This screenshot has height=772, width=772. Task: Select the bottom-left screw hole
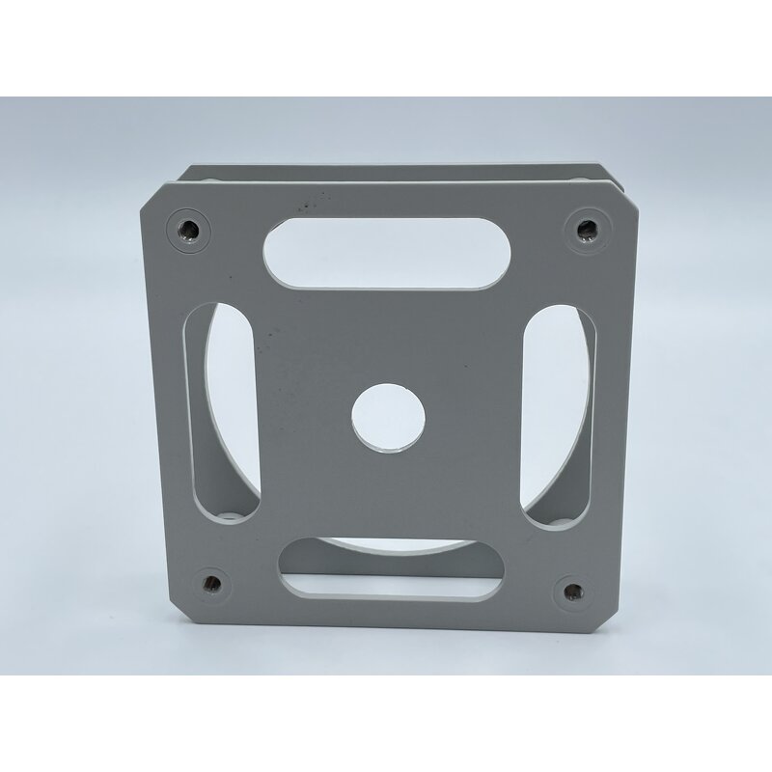click(210, 582)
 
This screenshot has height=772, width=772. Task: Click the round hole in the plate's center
click(388, 417)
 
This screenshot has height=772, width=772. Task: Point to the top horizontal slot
click(388, 251)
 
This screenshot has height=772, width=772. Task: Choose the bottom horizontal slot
click(391, 573)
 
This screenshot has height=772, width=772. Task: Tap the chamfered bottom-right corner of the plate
click(605, 618)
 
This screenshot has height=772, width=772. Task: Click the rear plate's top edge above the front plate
click(386, 170)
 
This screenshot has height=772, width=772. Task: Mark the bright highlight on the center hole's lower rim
click(391, 448)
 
